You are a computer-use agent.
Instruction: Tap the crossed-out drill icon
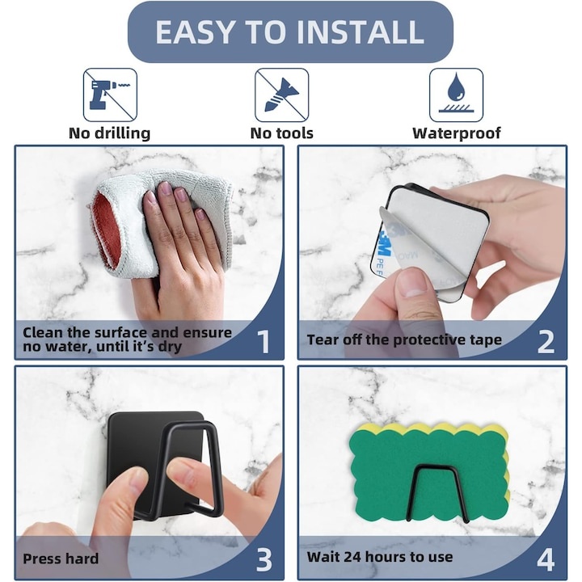(x=110, y=95)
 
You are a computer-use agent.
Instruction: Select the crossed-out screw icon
(x=282, y=95)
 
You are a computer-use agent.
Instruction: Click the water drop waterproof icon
(x=456, y=95)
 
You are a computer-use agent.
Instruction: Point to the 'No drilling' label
(x=109, y=133)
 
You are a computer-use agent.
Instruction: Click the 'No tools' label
(x=282, y=133)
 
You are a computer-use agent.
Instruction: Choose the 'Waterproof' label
(x=457, y=133)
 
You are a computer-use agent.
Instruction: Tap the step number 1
(x=264, y=341)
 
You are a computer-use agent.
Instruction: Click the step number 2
(x=546, y=341)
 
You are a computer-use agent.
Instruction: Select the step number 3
(x=264, y=559)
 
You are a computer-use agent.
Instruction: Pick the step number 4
(x=546, y=559)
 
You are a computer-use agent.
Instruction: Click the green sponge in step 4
(x=428, y=471)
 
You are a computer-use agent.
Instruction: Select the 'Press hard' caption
(x=61, y=559)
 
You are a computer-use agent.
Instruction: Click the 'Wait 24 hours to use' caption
(x=380, y=557)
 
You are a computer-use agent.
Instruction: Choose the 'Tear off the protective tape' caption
(x=404, y=339)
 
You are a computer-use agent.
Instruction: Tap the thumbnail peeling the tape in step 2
(x=413, y=281)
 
